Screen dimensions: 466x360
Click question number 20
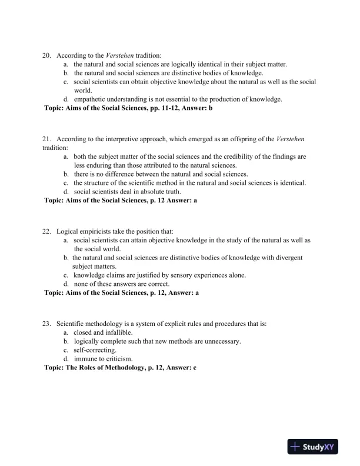[x=46, y=55]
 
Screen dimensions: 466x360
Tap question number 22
[x=46, y=231]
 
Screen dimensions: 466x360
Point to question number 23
[x=46, y=324]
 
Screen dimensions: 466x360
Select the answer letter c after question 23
[x=194, y=367]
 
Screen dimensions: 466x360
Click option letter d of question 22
[x=66, y=284]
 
